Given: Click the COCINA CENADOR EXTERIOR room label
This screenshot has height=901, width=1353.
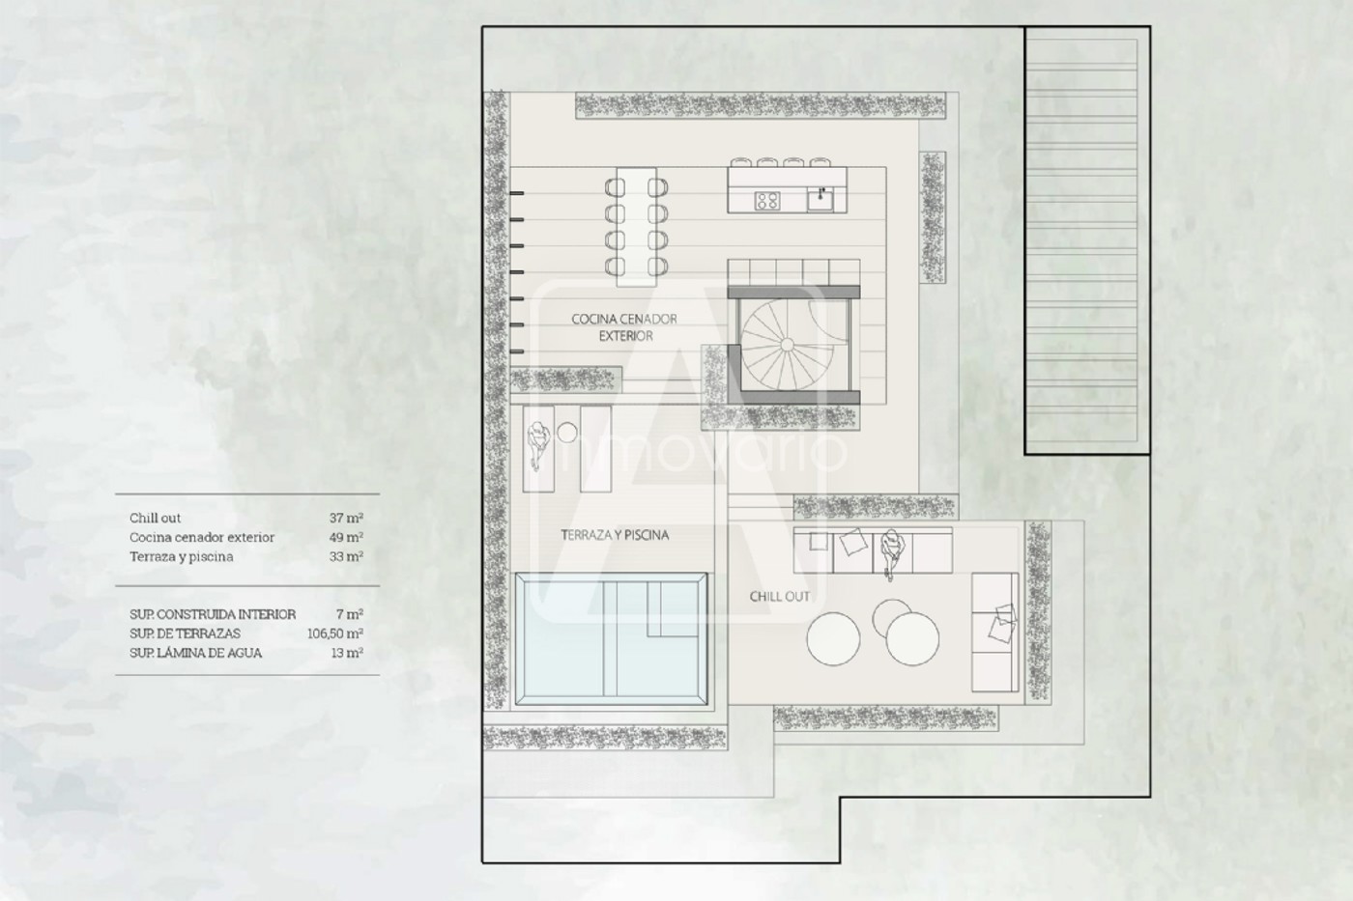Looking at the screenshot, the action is (x=624, y=327).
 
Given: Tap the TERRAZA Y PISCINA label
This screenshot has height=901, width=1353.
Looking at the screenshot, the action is (x=615, y=535).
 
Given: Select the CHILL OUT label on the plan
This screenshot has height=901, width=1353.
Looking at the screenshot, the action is (x=779, y=596).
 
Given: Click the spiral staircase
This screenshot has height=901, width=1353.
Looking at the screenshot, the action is (x=788, y=345).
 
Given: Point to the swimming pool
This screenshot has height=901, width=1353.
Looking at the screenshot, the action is (x=611, y=638).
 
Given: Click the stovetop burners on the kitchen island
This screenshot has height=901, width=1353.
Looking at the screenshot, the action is (x=767, y=200).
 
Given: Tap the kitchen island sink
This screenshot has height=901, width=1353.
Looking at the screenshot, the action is (x=820, y=199).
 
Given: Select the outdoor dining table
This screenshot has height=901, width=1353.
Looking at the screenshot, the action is (x=636, y=226).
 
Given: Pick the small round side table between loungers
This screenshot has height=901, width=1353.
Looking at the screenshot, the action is (x=566, y=432).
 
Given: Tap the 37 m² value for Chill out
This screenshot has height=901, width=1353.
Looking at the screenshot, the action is (x=346, y=518).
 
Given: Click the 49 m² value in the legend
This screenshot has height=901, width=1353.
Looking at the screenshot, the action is (x=346, y=537).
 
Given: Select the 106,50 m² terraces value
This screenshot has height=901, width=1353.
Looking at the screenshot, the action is (x=335, y=634).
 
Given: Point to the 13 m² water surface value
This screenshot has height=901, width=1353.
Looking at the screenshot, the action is (x=347, y=653).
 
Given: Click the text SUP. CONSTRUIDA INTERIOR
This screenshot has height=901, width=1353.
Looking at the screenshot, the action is (x=213, y=614).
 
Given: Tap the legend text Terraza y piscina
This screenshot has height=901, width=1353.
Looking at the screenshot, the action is (x=182, y=556).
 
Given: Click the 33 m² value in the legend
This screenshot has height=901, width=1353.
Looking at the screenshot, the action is (x=346, y=556).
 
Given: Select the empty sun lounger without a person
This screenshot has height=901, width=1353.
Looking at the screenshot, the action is (x=595, y=448).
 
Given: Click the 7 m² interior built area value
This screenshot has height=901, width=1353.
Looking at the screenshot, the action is (x=350, y=614).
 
